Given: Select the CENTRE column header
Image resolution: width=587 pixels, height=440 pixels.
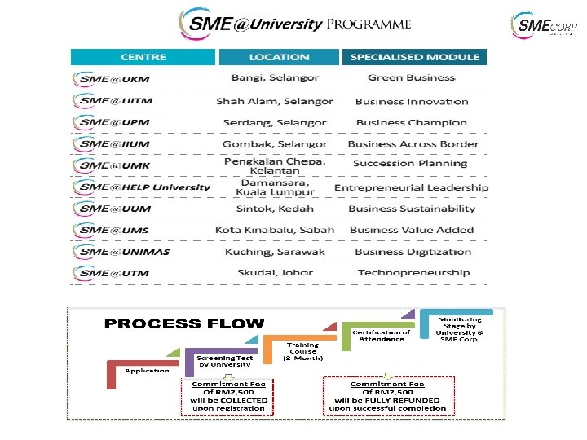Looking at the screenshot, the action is [143, 57].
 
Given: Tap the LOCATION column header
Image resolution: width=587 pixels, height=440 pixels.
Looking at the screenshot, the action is [279, 57].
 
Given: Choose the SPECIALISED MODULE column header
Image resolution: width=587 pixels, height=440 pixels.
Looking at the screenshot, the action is [414, 57].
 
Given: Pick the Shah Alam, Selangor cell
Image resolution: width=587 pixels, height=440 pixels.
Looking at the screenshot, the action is [275, 102].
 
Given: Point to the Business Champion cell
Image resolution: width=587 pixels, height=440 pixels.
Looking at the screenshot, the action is [412, 123].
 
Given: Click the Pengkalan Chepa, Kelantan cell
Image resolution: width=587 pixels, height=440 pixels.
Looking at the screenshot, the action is [275, 165].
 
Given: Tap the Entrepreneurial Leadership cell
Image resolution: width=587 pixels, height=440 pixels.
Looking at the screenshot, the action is [412, 187].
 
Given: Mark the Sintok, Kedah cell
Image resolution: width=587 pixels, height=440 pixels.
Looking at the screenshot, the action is [275, 209].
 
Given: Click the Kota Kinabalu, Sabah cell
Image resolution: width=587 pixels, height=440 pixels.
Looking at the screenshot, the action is [275, 230].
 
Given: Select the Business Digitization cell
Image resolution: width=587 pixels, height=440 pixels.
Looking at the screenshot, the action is [413, 252].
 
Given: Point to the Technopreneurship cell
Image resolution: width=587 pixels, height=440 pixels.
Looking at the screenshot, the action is [413, 273].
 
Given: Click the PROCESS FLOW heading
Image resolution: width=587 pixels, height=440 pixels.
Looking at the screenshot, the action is [184, 324].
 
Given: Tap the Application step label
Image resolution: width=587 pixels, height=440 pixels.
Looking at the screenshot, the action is [147, 371].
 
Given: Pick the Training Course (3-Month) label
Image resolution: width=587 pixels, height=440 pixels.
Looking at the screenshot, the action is [303, 352].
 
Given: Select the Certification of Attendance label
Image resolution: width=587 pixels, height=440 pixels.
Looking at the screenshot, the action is [381, 336].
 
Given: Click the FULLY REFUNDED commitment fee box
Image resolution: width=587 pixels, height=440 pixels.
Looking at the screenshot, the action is [387, 395].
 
